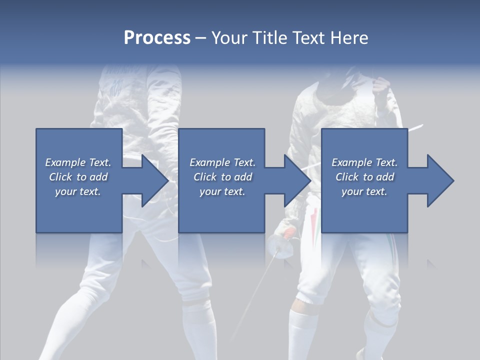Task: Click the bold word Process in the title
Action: click(157, 38)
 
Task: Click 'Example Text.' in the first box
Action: click(78, 162)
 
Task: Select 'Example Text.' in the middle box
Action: click(222, 162)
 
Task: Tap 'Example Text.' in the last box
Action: click(364, 162)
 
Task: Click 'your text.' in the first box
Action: click(78, 191)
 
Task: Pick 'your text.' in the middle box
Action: click(222, 191)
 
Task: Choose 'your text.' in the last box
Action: click(364, 191)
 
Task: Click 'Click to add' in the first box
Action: click(78, 177)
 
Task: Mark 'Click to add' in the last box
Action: click(364, 177)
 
